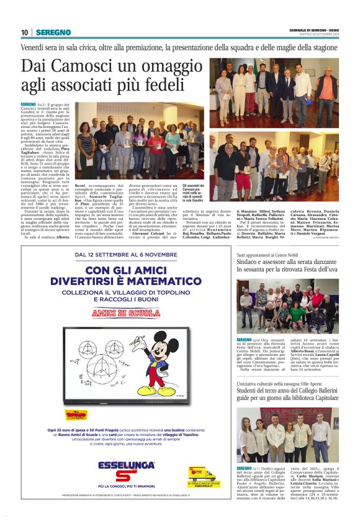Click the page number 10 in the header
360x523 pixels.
[24, 32]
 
